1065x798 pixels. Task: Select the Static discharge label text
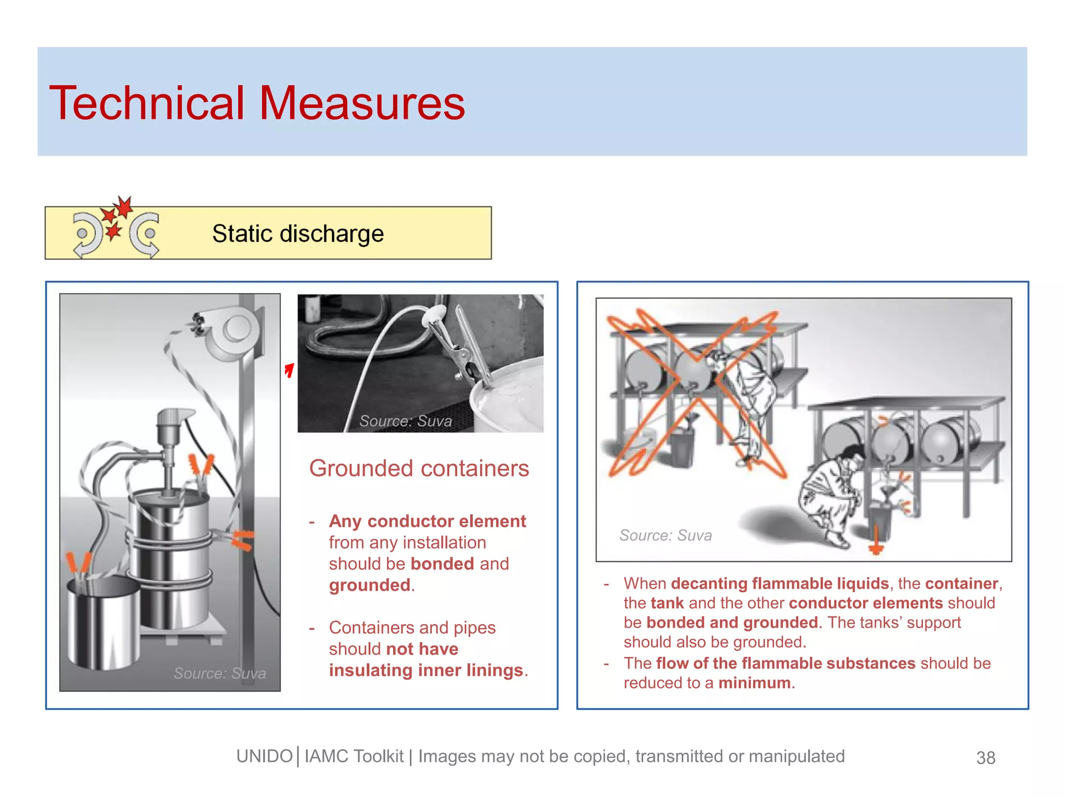pyautogui.click(x=297, y=234)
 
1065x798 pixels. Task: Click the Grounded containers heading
pyautogui.click(x=419, y=469)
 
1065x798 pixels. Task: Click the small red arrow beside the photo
pyautogui.click(x=290, y=370)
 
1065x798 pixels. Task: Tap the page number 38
pyautogui.click(x=985, y=758)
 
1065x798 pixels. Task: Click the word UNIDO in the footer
pyautogui.click(x=264, y=756)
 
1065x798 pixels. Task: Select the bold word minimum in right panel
pyautogui.click(x=755, y=683)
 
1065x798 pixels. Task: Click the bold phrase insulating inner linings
pyautogui.click(x=425, y=671)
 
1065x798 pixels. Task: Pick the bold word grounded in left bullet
pyautogui.click(x=370, y=586)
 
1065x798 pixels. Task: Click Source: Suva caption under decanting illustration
pyautogui.click(x=665, y=536)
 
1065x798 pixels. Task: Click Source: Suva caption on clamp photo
pyautogui.click(x=405, y=421)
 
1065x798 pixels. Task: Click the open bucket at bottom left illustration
pyautogui.click(x=103, y=623)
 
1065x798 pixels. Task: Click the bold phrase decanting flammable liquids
pyautogui.click(x=780, y=584)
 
